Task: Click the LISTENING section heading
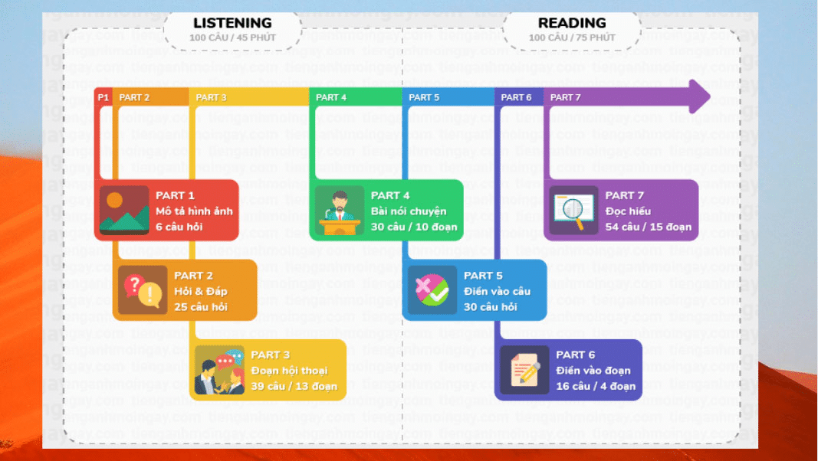tap(232, 23)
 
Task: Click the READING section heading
tap(572, 23)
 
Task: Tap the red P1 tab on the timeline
tap(103, 97)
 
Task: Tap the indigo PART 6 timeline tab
tap(516, 97)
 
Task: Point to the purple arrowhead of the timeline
tap(699, 96)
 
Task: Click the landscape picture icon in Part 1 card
tap(123, 210)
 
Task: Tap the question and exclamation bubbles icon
tap(143, 290)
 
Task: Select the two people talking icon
tap(219, 371)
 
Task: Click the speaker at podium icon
tap(339, 210)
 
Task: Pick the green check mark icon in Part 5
tap(432, 290)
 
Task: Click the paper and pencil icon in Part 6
tap(525, 370)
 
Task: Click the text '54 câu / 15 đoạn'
tap(648, 227)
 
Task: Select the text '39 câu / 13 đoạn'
tap(294, 386)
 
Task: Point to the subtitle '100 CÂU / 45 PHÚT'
tap(232, 38)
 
